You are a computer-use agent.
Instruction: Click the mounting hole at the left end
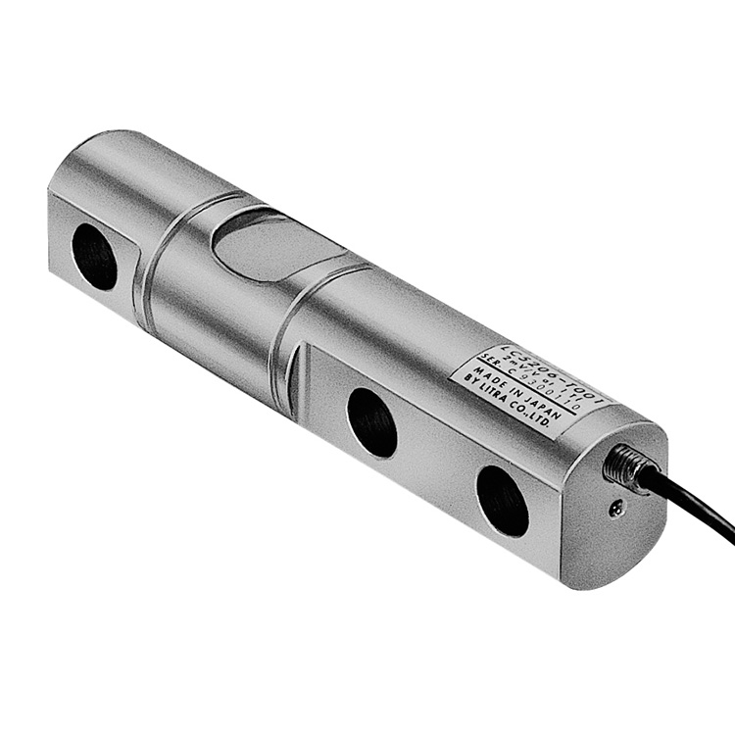point(95,256)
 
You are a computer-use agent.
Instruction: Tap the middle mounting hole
point(372,421)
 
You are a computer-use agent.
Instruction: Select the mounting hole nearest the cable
point(503,500)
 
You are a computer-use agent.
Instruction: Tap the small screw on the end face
point(614,507)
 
